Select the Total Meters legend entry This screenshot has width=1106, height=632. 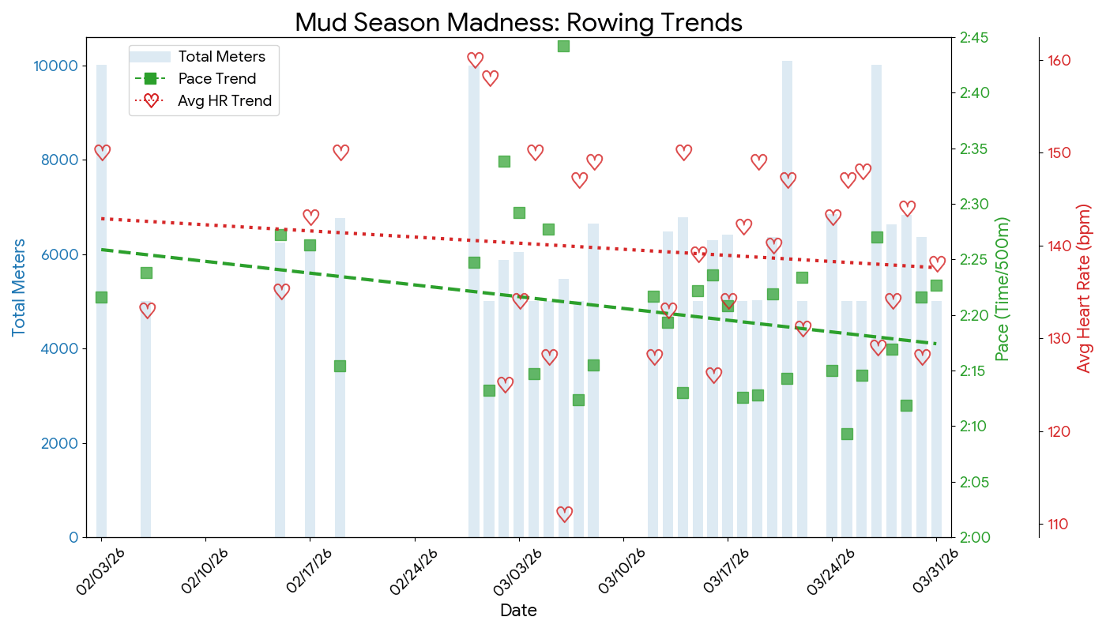point(197,57)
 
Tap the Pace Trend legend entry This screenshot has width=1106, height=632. point(196,78)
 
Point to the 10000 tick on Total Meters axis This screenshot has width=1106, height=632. point(56,66)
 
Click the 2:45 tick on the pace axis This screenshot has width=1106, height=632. point(974,38)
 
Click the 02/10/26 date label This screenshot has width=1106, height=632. point(205,572)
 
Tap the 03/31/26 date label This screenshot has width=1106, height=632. point(935,572)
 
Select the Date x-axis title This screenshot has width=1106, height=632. point(518,611)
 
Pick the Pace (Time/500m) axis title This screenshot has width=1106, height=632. point(1002,289)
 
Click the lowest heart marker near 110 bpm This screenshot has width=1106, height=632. point(564,514)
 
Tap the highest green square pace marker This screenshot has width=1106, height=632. point(563,46)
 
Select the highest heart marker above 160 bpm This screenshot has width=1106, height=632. point(475,60)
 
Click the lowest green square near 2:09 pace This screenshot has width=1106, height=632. point(847,434)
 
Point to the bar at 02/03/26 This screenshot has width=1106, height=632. point(101,301)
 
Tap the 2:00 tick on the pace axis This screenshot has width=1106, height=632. point(974,537)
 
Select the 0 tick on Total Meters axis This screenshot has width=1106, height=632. point(74,537)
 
